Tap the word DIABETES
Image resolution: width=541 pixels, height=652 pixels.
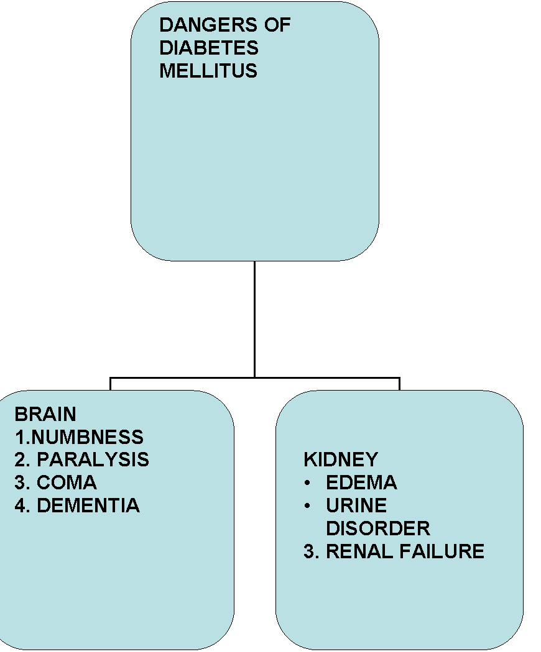(208, 48)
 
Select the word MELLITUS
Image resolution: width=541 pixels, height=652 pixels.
(208, 71)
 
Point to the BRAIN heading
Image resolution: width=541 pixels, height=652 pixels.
(45, 414)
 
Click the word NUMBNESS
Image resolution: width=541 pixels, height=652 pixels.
(87, 437)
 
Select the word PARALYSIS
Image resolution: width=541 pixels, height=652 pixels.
(93, 460)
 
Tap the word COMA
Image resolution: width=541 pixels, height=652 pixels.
(67, 482)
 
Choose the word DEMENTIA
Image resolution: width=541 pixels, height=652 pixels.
(88, 505)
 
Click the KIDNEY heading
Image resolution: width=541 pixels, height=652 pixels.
(341, 460)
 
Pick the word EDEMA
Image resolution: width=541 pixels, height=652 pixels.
(361, 482)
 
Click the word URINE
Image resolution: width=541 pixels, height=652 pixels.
(356, 505)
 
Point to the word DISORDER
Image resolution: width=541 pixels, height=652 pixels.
(377, 528)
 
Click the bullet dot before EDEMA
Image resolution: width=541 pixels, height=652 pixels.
(308, 482)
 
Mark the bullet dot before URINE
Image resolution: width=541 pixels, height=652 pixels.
(308, 505)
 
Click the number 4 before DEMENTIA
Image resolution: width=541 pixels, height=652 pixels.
(20, 505)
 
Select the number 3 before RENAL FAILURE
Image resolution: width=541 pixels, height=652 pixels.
(309, 551)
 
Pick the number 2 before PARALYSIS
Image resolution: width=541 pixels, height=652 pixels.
(20, 460)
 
